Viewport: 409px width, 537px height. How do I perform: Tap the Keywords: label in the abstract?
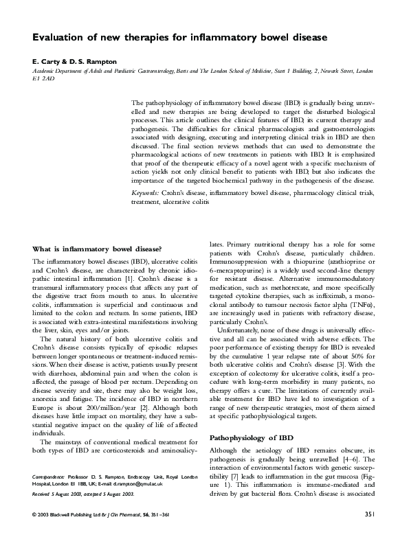click(146, 194)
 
